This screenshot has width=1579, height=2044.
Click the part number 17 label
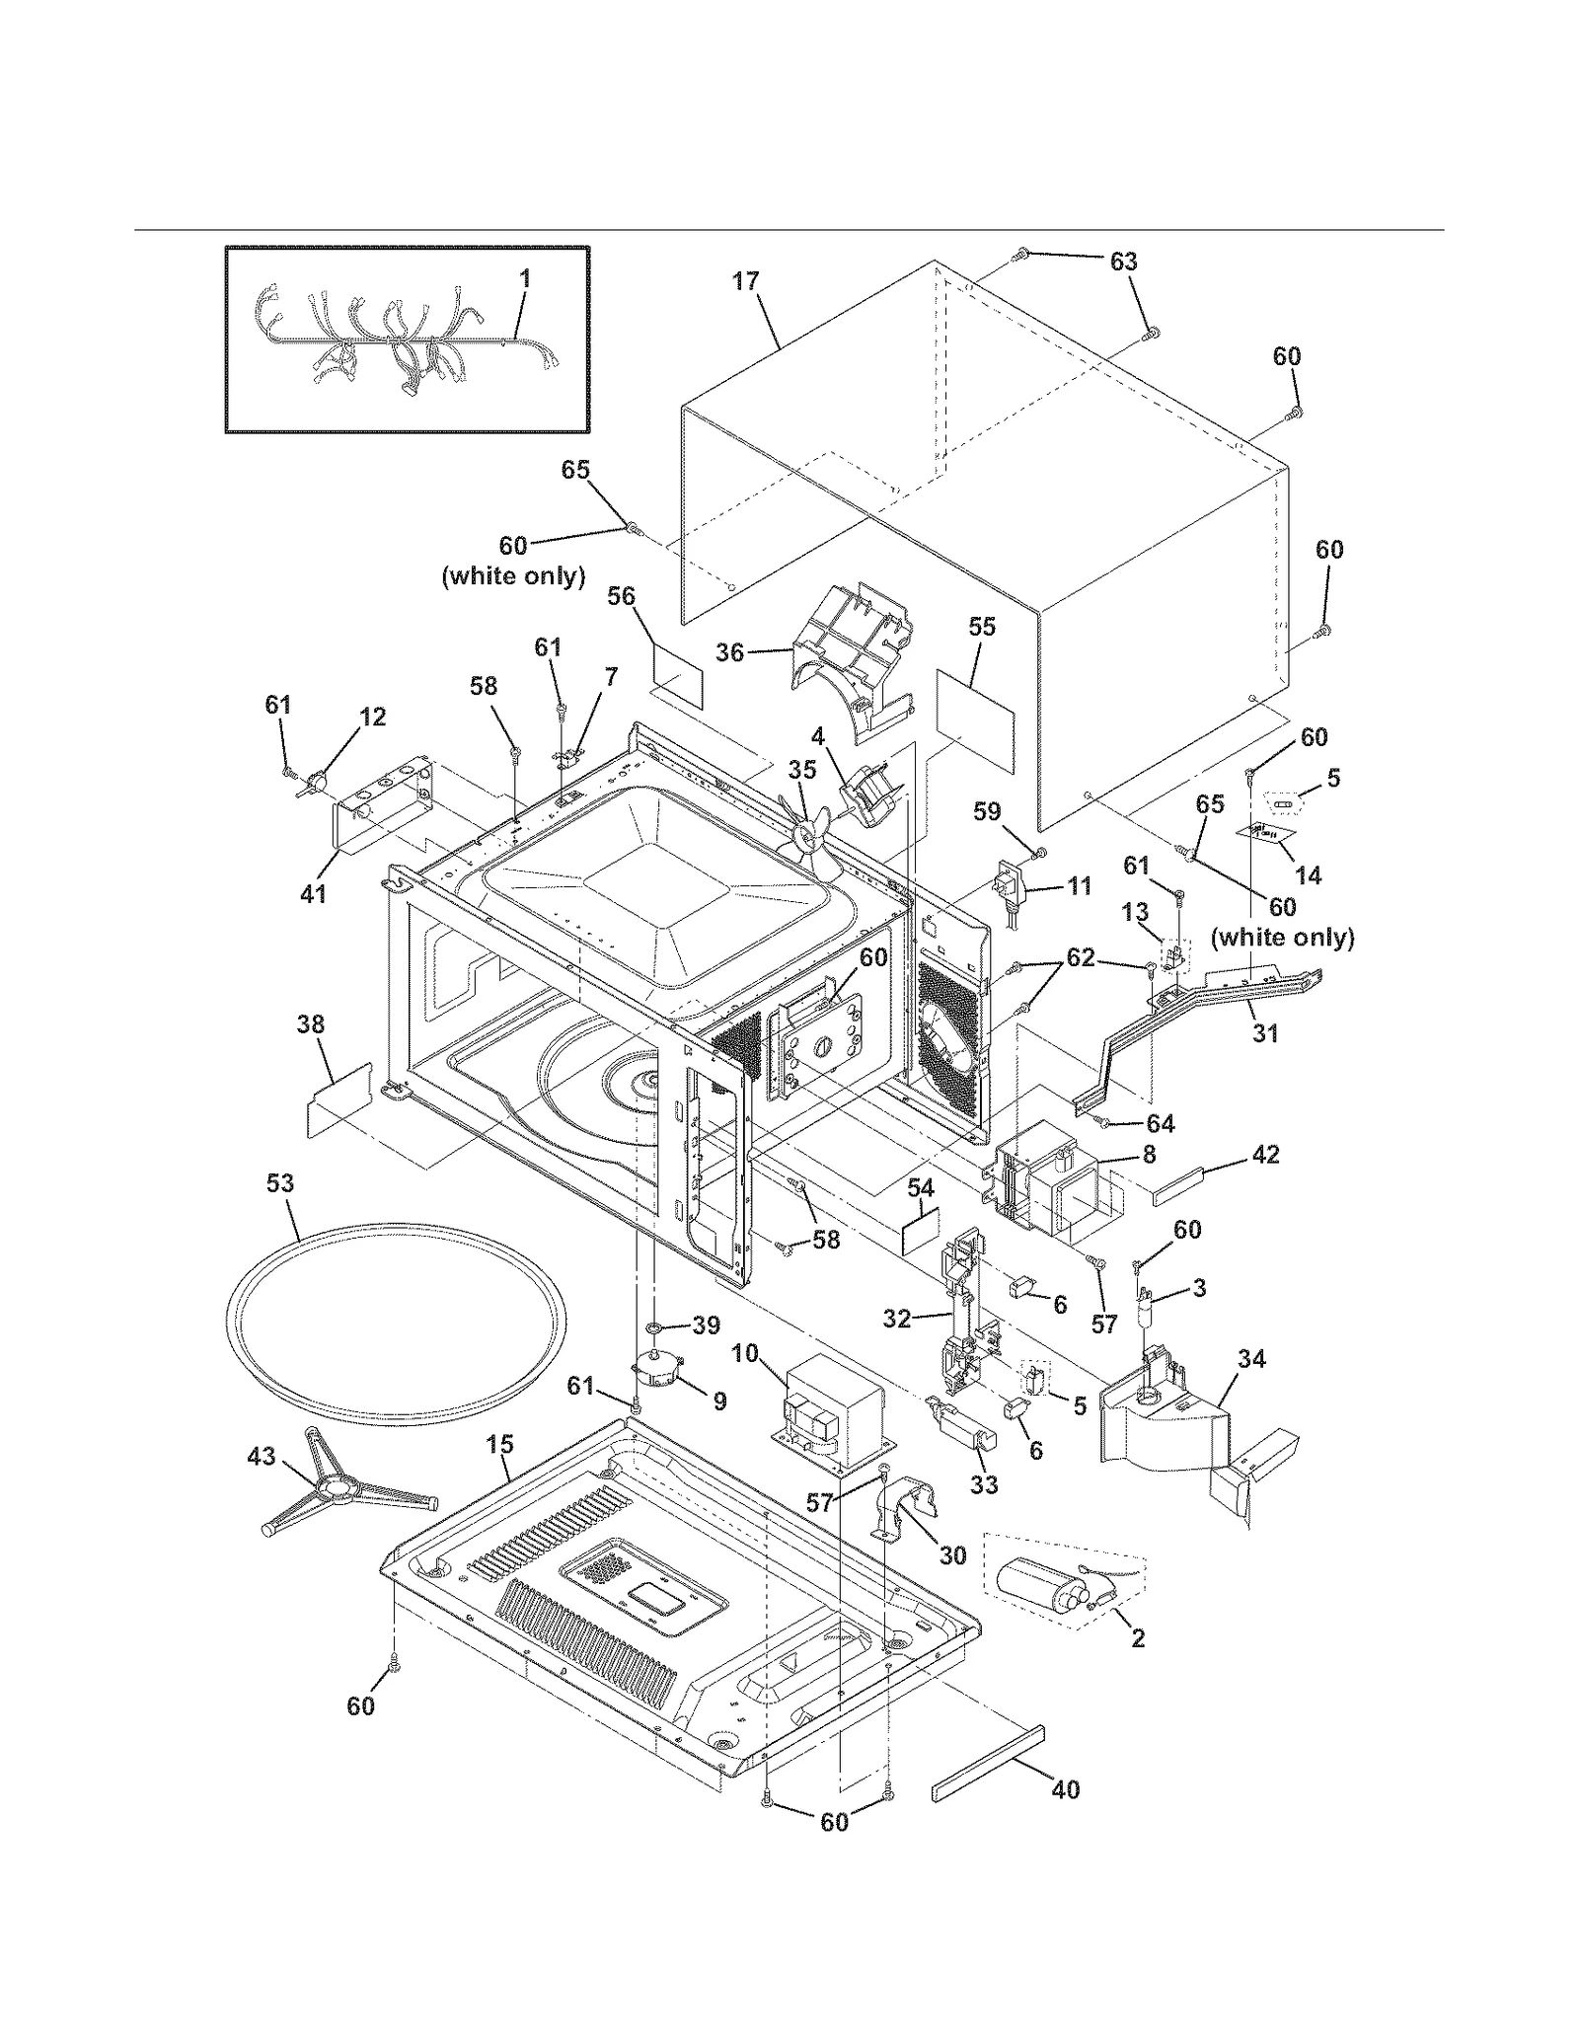pos(745,281)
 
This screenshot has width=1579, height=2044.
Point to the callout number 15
pos(499,1444)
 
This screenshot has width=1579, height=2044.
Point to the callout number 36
pos(729,652)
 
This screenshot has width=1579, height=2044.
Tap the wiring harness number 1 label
pos(525,278)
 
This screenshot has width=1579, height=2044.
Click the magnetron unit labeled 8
pos(1046,1184)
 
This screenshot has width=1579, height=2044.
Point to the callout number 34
pos(1251,1359)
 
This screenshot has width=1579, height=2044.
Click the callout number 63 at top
pos(1123,262)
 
